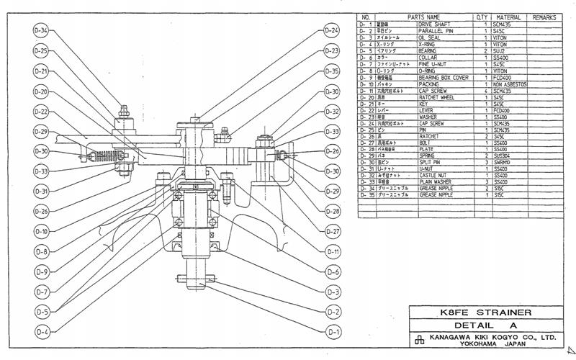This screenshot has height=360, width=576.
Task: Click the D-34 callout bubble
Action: (x=41, y=31)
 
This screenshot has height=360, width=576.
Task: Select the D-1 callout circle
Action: (x=333, y=332)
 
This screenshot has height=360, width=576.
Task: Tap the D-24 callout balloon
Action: (x=332, y=31)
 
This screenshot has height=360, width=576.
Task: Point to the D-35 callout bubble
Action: (x=332, y=71)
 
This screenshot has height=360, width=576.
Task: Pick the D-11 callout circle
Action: (x=333, y=252)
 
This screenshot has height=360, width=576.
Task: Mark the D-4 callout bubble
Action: (x=41, y=332)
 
